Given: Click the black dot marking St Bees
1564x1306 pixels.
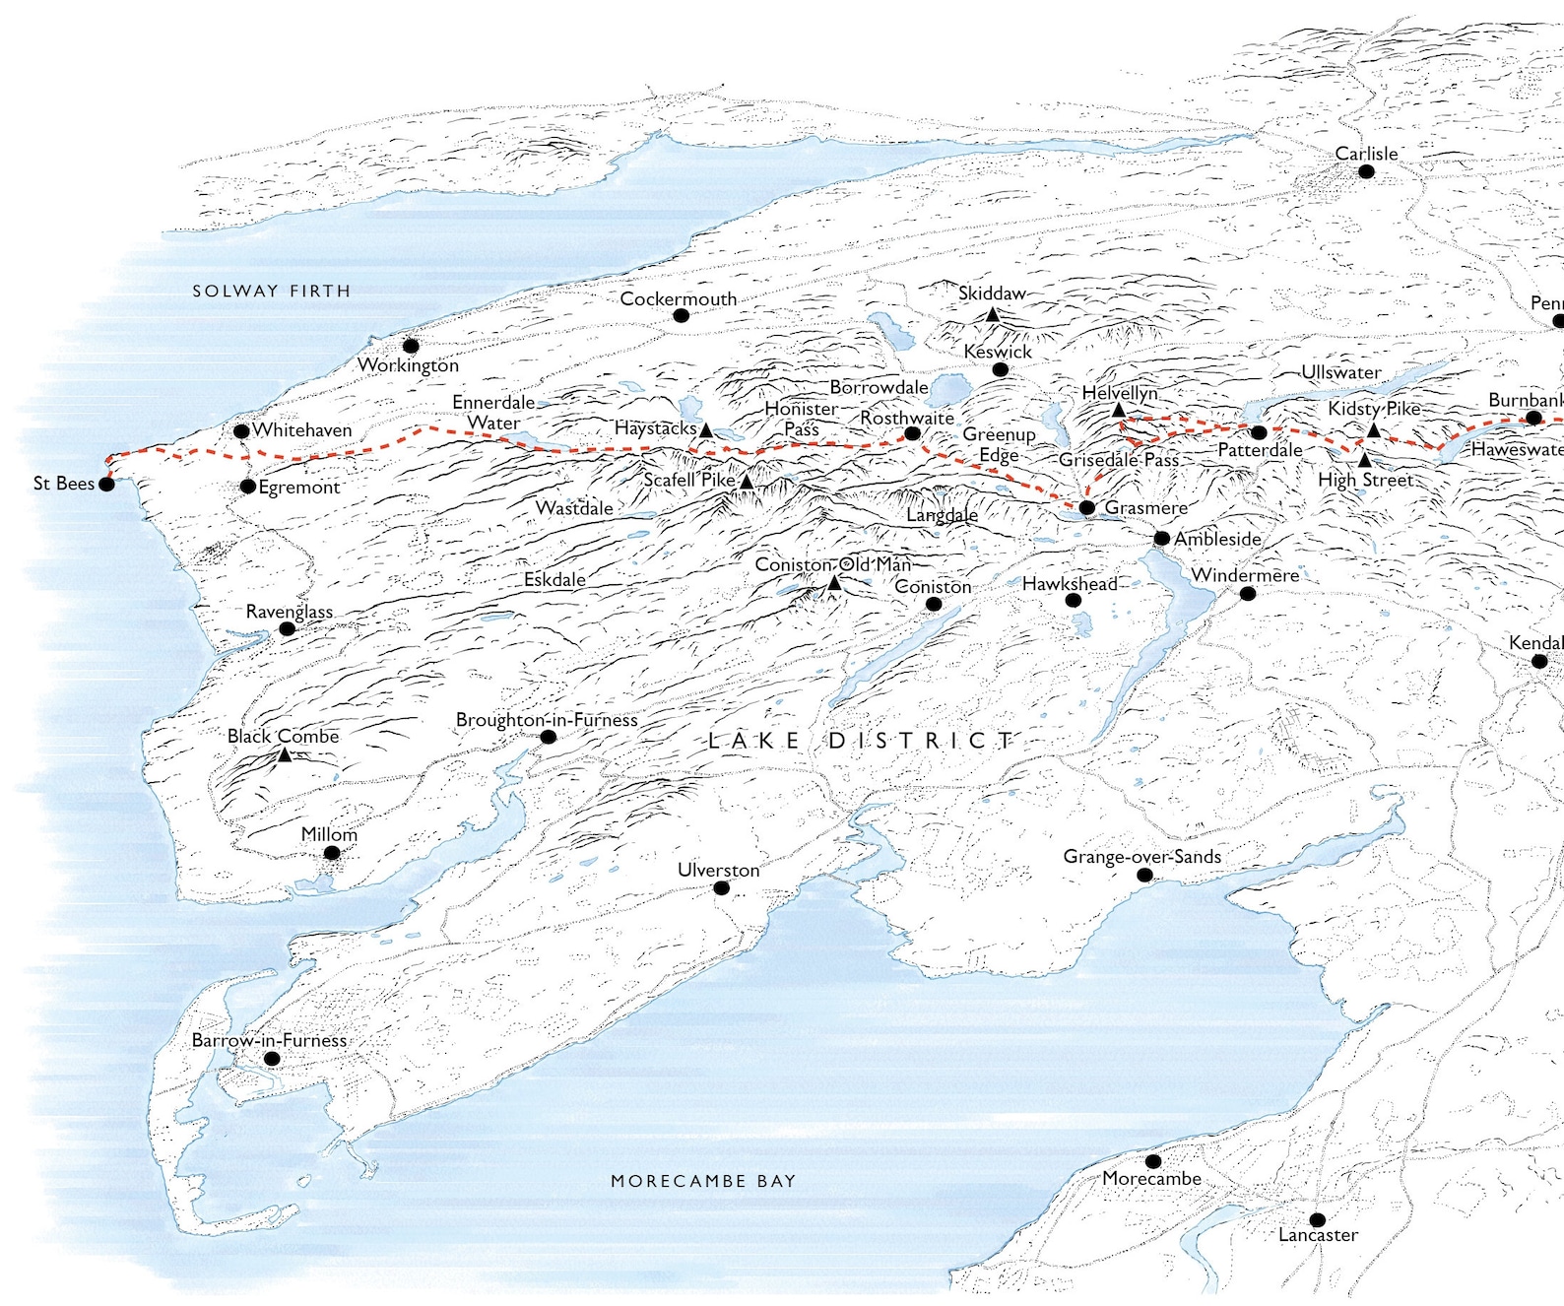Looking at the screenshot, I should click(106, 484).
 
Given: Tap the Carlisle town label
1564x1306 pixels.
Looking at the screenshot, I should click(1365, 154).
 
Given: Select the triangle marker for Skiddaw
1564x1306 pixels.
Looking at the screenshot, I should click(993, 315).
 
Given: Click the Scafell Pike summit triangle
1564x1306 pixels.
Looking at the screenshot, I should click(747, 482).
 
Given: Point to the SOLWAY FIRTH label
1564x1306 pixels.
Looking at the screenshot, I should click(271, 291).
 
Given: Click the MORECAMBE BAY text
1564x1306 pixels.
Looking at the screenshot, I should click(702, 1180).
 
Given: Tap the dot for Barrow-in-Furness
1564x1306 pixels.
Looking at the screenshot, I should click(272, 1059).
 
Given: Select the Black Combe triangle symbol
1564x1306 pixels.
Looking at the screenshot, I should click(285, 754).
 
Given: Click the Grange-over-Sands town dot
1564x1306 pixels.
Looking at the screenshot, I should click(1144, 875).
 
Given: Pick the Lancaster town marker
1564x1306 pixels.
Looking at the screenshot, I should click(1318, 1219).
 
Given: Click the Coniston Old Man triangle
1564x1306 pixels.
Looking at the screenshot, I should click(834, 583).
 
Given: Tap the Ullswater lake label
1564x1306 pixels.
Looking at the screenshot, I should click(1340, 372).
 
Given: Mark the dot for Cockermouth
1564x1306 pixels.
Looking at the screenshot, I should click(681, 315).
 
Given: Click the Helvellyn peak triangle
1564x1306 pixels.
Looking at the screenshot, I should click(1119, 410).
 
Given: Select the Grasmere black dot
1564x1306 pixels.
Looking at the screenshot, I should click(1086, 507).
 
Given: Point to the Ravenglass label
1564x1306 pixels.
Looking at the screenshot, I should click(289, 611).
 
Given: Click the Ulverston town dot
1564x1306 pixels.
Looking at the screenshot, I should click(721, 888).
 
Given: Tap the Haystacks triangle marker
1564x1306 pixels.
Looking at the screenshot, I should click(706, 430).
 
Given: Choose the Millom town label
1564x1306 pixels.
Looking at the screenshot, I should click(329, 833).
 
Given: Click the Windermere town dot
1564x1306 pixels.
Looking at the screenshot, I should click(1248, 593).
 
